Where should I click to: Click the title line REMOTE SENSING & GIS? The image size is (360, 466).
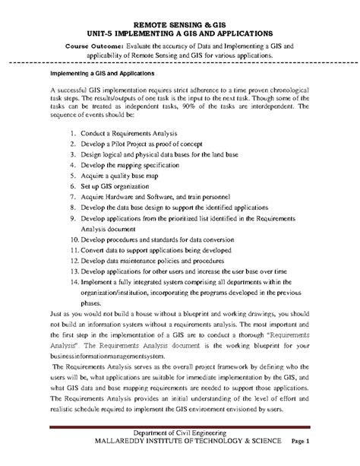(179, 25)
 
